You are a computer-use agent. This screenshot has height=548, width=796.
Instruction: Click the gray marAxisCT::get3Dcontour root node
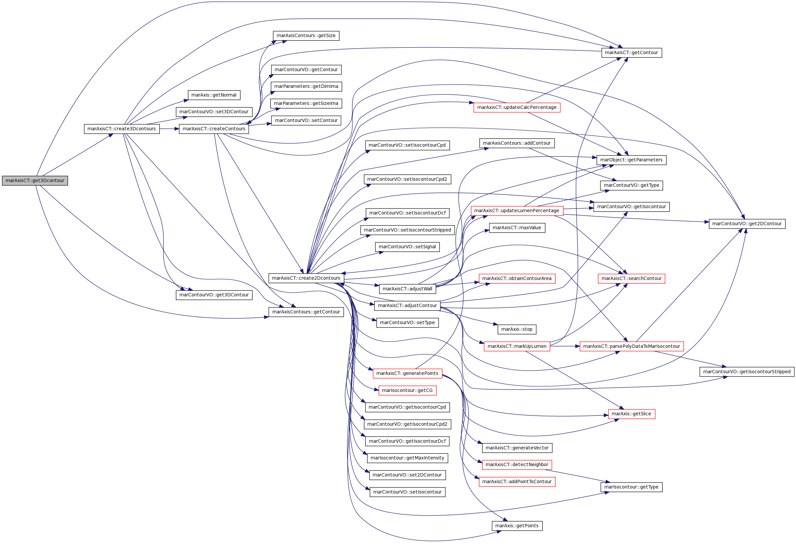(35, 181)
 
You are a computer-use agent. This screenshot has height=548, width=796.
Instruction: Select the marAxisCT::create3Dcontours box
(122, 129)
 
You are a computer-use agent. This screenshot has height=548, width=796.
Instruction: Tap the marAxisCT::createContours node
(214, 129)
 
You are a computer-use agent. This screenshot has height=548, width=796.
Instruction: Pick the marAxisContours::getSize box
(306, 36)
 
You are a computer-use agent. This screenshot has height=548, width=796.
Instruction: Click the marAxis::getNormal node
(214, 95)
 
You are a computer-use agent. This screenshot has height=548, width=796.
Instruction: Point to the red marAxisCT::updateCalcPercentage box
(517, 108)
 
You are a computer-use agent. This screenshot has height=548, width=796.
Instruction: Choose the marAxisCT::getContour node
(631, 53)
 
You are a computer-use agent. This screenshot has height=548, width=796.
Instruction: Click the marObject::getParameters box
(631, 160)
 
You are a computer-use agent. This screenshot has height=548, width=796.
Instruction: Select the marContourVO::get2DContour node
(747, 224)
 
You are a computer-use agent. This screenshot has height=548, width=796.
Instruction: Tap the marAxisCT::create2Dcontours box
(306, 278)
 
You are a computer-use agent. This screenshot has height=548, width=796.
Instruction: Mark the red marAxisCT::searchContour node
(631, 278)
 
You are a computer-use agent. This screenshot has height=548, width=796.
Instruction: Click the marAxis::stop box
(517, 329)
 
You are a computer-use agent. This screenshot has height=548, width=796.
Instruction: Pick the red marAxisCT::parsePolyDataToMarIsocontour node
(631, 346)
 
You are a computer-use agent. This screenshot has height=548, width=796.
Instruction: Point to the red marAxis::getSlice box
(631, 414)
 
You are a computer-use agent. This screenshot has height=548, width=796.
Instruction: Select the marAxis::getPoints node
(517, 526)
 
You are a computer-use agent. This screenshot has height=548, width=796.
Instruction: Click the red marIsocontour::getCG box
(407, 390)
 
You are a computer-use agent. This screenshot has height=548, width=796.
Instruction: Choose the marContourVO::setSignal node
(407, 247)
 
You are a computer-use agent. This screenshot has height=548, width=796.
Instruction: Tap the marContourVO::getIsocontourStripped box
(747, 372)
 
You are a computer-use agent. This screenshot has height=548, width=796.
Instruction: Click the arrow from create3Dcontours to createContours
(169, 129)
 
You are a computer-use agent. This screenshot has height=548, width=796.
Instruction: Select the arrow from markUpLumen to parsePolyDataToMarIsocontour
(564, 346)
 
